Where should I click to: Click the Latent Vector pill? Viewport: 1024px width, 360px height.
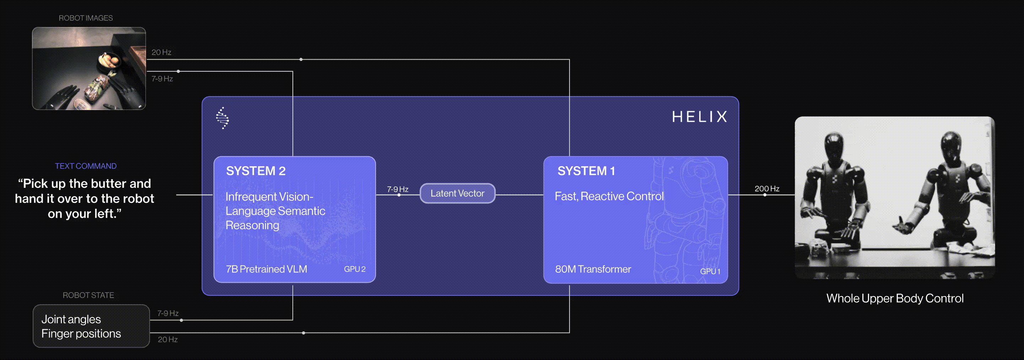[457, 193]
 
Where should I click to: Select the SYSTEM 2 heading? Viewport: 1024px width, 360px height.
[255, 171]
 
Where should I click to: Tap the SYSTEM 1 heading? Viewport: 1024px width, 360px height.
[586, 171]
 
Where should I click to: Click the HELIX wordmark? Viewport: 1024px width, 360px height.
[700, 117]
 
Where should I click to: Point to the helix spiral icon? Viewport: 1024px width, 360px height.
[223, 118]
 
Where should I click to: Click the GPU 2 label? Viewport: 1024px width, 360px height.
[355, 269]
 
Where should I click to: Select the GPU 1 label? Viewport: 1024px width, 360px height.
[710, 271]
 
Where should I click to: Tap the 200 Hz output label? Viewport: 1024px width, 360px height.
[767, 189]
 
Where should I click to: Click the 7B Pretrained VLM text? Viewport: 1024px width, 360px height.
[266, 269]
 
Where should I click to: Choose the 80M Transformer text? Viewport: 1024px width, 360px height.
[593, 269]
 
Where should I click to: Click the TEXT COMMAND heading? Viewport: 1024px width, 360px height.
[86, 166]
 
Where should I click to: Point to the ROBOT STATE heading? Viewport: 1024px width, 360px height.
[88, 295]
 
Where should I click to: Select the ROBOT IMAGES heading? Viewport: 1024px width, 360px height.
[86, 18]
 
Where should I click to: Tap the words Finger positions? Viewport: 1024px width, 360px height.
[81, 333]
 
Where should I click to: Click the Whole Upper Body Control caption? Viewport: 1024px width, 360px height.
[895, 299]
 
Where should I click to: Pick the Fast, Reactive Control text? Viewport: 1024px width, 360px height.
[609, 196]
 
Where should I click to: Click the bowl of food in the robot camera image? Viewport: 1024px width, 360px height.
[108, 61]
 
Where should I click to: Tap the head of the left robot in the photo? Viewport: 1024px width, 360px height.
[833, 144]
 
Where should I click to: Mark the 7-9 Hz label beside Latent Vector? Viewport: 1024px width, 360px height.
[398, 189]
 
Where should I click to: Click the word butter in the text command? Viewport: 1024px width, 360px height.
[108, 184]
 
